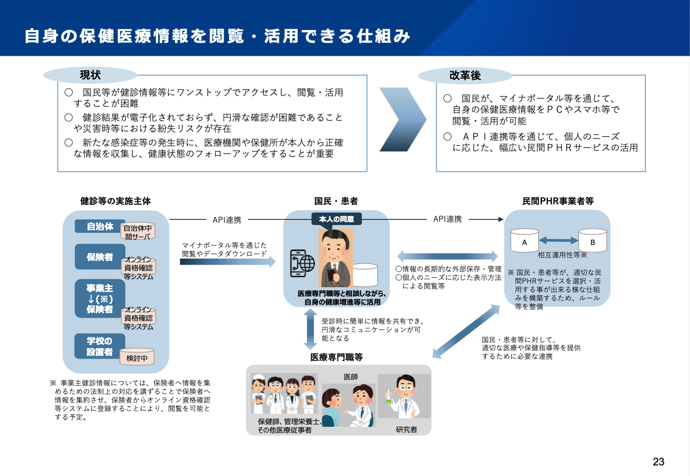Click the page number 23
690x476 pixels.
(658, 462)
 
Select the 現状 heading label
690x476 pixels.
(90, 75)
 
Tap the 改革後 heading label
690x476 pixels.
(465, 76)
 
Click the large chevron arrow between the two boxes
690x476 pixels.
(402, 120)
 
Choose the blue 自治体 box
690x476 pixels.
(100, 226)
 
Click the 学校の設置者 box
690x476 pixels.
(99, 346)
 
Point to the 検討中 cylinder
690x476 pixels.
(137, 357)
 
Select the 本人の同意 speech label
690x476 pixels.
(336, 219)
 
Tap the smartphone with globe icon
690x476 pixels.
(302, 263)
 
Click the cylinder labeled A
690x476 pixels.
(525, 241)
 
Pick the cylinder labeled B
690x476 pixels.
(592, 241)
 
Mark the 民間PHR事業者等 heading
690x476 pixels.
(558, 201)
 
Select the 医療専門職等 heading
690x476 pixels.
(336, 358)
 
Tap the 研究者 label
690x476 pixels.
(406, 430)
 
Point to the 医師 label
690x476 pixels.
(351, 377)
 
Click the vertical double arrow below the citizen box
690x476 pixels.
(310, 329)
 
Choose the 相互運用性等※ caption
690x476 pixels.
(562, 255)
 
